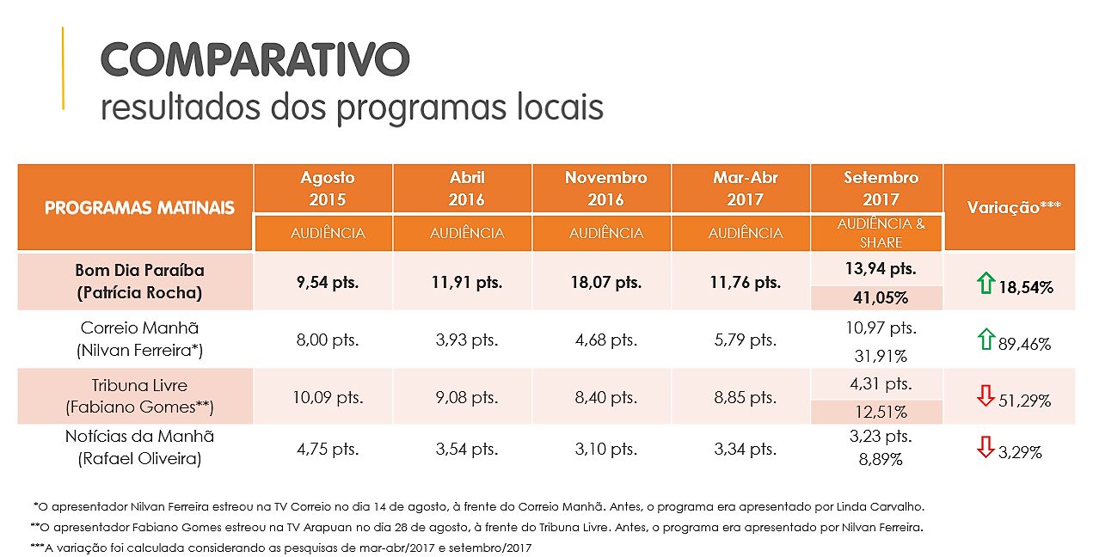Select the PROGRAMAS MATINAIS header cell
[x=139, y=208]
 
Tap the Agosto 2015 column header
[x=327, y=188]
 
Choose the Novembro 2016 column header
[x=605, y=188]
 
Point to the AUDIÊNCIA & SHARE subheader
[x=881, y=232]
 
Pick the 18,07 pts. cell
[x=605, y=282]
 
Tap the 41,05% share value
[x=880, y=298]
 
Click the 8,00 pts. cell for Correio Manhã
[x=327, y=340]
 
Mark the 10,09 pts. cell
[x=327, y=397]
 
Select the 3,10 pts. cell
[x=605, y=449]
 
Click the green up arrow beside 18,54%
[x=986, y=284]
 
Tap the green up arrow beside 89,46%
[x=986, y=340]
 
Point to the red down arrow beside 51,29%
[x=986, y=397]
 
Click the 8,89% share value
[x=881, y=460]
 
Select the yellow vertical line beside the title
[x=63, y=69]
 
